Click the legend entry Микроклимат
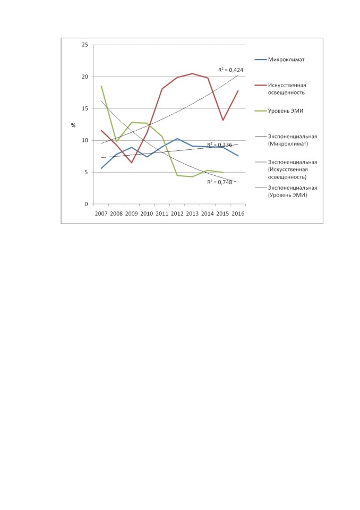(280, 59)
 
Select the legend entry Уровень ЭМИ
(279, 111)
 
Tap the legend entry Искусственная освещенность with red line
(280, 89)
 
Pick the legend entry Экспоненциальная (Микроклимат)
(286, 140)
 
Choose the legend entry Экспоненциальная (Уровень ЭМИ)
(286, 191)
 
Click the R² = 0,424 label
(230, 70)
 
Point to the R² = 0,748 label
(219, 182)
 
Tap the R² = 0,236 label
(219, 144)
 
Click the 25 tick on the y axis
(85, 45)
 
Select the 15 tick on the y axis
(85, 108)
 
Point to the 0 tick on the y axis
(86, 204)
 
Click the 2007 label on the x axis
(101, 214)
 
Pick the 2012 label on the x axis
(177, 214)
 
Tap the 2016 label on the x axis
(238, 214)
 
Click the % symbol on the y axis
(73, 125)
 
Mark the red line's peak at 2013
(193, 73)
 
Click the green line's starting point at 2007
(101, 86)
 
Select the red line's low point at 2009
(132, 163)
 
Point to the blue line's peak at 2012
(177, 139)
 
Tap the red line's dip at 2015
(223, 121)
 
